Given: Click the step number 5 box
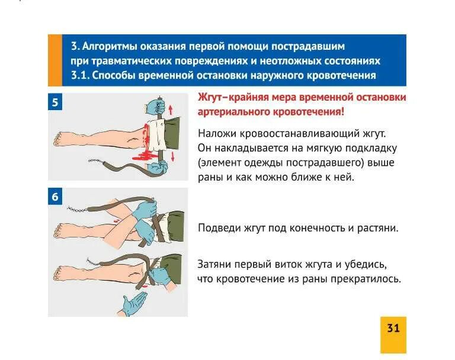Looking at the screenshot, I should (55, 102).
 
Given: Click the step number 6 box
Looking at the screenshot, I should (55, 197).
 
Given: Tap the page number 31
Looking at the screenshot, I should (393, 328).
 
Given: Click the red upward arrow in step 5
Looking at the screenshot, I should (171, 109).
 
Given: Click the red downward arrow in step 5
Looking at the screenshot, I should (172, 156).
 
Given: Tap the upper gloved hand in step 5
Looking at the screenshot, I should (156, 107).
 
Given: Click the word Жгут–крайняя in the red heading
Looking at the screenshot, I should (228, 98).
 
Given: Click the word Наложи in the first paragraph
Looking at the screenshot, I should (214, 134).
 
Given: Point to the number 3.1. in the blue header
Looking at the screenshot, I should (79, 75).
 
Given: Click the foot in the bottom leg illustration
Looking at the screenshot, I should (59, 273).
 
